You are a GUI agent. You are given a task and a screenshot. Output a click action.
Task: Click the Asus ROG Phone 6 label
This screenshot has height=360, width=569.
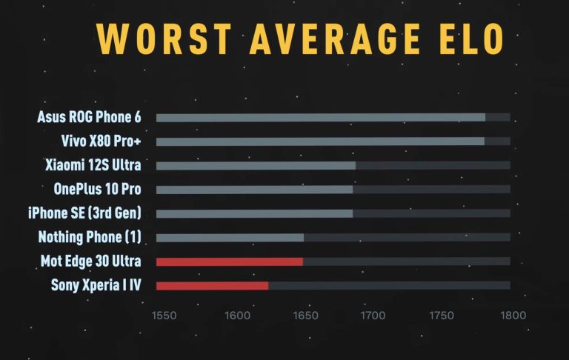coord(89,117)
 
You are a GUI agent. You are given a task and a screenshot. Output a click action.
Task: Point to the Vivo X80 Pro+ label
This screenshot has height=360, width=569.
coord(102,141)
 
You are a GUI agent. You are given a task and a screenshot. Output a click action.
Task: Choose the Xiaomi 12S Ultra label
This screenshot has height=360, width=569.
coord(93,165)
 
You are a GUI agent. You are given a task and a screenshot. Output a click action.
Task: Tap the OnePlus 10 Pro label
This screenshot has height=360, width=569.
coord(97,189)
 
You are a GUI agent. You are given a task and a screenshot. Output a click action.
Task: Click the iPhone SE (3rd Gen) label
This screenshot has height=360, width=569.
coord(84,213)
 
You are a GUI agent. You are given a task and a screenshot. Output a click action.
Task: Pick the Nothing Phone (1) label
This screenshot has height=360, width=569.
coord(90,237)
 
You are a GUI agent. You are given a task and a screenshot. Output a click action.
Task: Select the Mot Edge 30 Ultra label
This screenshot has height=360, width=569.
coord(91,261)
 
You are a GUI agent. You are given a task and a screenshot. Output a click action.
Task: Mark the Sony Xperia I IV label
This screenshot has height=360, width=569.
coord(96,285)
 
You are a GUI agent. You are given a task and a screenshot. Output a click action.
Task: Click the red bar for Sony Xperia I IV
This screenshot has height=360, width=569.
coord(212,285)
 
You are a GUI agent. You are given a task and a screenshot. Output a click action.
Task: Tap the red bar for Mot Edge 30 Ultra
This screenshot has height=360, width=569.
coord(230,261)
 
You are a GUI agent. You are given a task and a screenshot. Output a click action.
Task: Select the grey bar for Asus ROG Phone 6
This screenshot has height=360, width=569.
coord(320,117)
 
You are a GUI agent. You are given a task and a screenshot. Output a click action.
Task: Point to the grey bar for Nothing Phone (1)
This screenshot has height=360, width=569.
coord(230,238)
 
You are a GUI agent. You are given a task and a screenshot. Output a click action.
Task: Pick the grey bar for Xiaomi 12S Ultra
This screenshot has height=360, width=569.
coord(256,165)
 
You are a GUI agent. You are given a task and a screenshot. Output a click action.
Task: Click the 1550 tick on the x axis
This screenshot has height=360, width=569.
coord(164,315)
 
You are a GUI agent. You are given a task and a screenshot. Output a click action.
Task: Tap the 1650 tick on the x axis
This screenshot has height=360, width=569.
coord(305,315)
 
